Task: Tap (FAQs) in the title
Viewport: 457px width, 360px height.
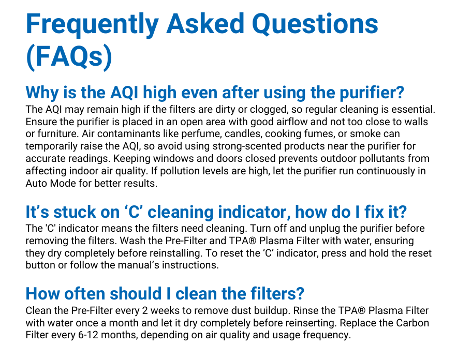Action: (68, 56)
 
